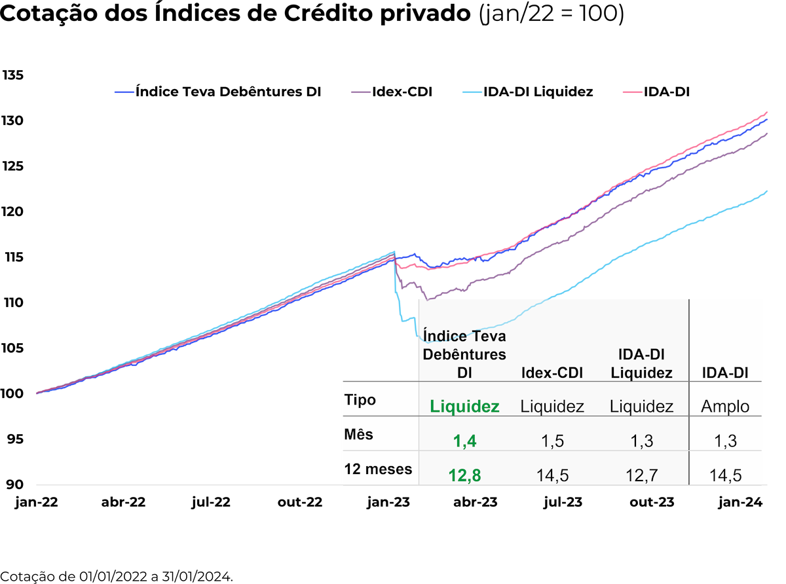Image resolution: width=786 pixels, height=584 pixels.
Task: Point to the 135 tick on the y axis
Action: pos(13,75)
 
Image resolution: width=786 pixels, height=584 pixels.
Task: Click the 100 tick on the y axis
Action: pos(13,393)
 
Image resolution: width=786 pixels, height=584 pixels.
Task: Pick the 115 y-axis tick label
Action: pos(13,257)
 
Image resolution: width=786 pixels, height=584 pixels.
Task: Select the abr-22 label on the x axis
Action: pos(123,503)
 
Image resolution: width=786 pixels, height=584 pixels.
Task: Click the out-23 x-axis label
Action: pos(652,503)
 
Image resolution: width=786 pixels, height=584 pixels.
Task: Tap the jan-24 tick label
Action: pos(739,503)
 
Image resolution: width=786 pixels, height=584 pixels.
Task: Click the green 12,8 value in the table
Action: pos(464,475)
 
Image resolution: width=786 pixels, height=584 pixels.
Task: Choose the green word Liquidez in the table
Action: pos(464,407)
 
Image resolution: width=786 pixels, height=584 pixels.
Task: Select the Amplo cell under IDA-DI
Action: pos(725,407)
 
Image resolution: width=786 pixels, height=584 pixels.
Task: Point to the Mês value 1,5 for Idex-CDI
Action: pos(552,441)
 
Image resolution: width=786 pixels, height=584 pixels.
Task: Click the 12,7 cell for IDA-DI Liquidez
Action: pos(641,475)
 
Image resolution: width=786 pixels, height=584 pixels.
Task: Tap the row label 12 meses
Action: pos(378,469)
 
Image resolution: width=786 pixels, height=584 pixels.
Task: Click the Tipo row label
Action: pos(360,399)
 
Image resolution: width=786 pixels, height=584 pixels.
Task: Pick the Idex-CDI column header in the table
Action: pos(552,373)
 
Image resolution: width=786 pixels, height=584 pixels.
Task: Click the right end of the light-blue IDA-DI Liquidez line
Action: pos(766,191)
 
